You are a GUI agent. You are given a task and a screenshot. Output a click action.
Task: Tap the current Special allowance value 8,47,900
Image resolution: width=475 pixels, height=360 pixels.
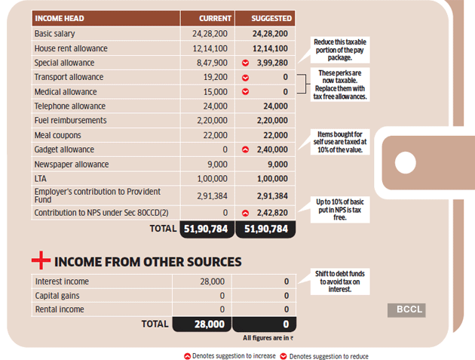click(x=210, y=63)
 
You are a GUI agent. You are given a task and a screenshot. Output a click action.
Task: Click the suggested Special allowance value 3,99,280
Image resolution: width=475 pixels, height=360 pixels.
click(x=269, y=63)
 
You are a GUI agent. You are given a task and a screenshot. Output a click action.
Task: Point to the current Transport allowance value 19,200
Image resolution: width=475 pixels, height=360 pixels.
click(x=216, y=77)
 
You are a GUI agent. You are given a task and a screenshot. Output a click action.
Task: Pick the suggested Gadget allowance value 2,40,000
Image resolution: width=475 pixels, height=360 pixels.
click(x=270, y=149)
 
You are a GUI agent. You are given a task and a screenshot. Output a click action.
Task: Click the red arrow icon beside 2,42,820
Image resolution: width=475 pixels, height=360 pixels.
click(x=245, y=214)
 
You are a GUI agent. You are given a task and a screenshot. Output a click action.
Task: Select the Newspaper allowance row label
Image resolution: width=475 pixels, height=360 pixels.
click(x=72, y=164)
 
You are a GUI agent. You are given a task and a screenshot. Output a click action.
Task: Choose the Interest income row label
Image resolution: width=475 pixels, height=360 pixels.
click(x=63, y=281)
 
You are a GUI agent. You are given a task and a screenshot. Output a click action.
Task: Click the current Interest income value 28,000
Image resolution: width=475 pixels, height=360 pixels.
click(x=212, y=281)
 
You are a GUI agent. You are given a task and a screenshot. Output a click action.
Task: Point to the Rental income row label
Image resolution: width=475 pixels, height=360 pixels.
click(x=59, y=309)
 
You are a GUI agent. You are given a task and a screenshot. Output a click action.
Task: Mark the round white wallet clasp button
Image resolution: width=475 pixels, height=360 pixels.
click(x=407, y=162)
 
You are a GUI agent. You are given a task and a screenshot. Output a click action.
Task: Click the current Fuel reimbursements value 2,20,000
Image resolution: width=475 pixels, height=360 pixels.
click(x=210, y=121)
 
